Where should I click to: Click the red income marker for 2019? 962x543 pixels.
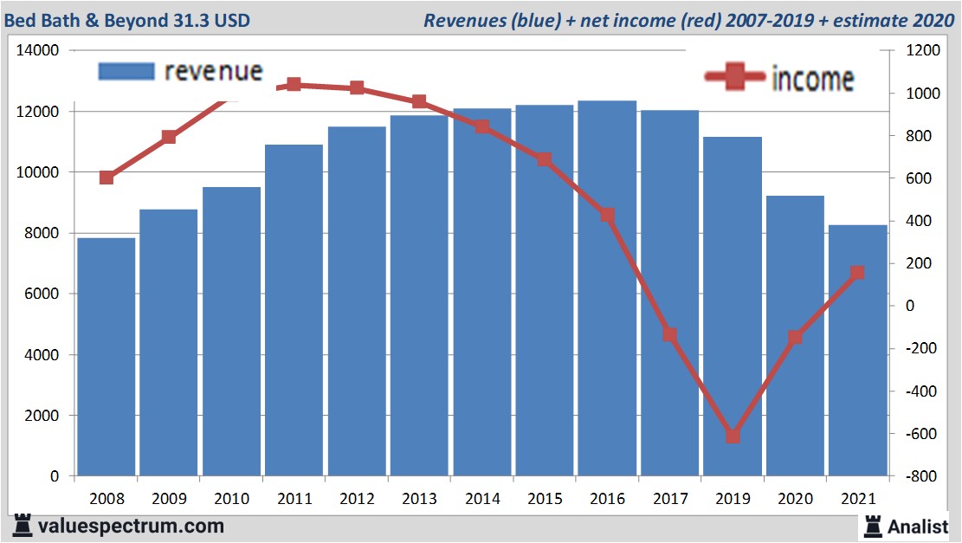733,436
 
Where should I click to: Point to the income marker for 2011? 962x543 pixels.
294,85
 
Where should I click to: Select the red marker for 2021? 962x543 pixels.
857,273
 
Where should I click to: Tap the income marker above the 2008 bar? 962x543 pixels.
107,178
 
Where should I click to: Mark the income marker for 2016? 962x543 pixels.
607,215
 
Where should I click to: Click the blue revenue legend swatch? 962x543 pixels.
126,71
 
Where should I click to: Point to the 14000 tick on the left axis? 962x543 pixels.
38,51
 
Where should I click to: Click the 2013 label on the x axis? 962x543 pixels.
419,500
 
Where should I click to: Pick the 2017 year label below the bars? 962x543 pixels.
669,500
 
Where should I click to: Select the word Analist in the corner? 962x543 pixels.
918,526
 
